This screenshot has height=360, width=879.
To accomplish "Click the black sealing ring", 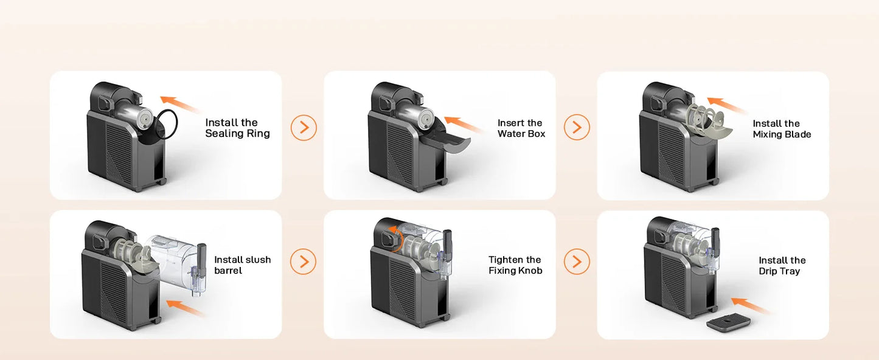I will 171,124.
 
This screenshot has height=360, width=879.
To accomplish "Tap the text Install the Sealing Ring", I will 237,128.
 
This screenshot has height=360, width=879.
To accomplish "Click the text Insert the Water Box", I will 521,128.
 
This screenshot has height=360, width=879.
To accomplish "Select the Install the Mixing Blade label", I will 782,129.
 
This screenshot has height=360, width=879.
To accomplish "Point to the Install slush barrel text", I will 242,265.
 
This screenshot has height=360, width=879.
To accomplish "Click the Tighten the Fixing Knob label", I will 515,265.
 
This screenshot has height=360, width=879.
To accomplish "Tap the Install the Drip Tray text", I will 782,266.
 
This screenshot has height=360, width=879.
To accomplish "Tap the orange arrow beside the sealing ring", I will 181,105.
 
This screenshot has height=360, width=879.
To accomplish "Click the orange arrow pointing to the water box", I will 465,125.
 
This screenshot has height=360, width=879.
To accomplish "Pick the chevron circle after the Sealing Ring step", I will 304,128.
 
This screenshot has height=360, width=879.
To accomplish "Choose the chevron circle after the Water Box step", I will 577,128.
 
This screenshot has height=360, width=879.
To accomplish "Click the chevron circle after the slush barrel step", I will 304,262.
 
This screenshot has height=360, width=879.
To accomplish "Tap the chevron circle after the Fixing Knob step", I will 577,262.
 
